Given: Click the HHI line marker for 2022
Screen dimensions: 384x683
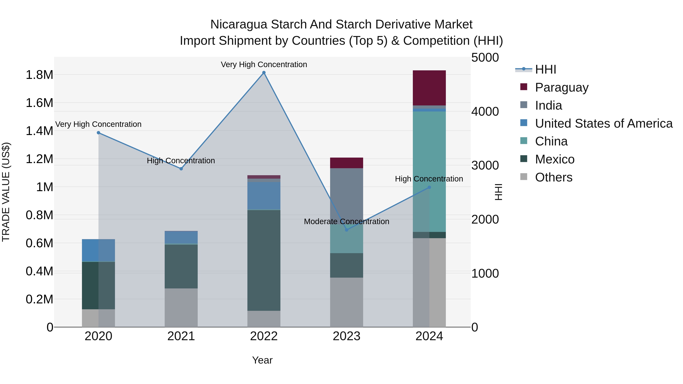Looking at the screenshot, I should pyautogui.click(x=264, y=73).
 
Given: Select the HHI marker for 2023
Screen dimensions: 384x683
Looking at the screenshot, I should pyautogui.click(x=347, y=230).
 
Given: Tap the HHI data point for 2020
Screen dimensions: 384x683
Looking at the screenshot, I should pyautogui.click(x=98, y=133).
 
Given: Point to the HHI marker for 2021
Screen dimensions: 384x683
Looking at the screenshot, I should pyautogui.click(x=181, y=169).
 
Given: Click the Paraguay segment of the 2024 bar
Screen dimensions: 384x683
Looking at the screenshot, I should pyautogui.click(x=429, y=88).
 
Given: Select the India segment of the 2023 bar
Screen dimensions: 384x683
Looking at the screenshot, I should pyautogui.click(x=347, y=196).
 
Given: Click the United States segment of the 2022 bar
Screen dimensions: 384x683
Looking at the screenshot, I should pyautogui.click(x=264, y=196).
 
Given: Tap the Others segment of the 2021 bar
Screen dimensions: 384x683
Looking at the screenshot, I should pyautogui.click(x=181, y=307).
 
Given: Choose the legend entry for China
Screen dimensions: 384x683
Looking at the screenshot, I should pyautogui.click(x=551, y=141).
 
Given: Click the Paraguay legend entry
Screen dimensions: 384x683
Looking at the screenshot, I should pyautogui.click(x=562, y=87).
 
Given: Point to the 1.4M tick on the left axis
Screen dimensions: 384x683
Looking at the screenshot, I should pyautogui.click(x=39, y=131).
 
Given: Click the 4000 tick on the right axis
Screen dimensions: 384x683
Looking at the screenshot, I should pyautogui.click(x=485, y=112).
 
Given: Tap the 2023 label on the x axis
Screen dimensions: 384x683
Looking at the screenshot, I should pyautogui.click(x=347, y=336).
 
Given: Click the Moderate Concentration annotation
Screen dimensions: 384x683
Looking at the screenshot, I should pyautogui.click(x=347, y=221).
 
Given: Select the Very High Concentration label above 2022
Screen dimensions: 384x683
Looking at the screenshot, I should pyautogui.click(x=264, y=65).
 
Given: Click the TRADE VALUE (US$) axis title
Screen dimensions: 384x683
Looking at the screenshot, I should pyautogui.click(x=6, y=192).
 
